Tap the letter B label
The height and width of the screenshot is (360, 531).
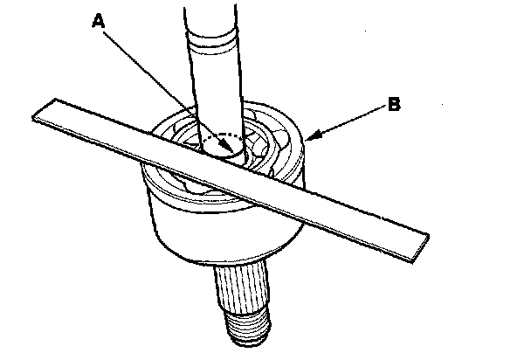(x=394, y=105)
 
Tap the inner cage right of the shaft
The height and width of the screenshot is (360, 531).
(x=267, y=144)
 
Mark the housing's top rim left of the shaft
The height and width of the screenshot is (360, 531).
(x=170, y=122)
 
